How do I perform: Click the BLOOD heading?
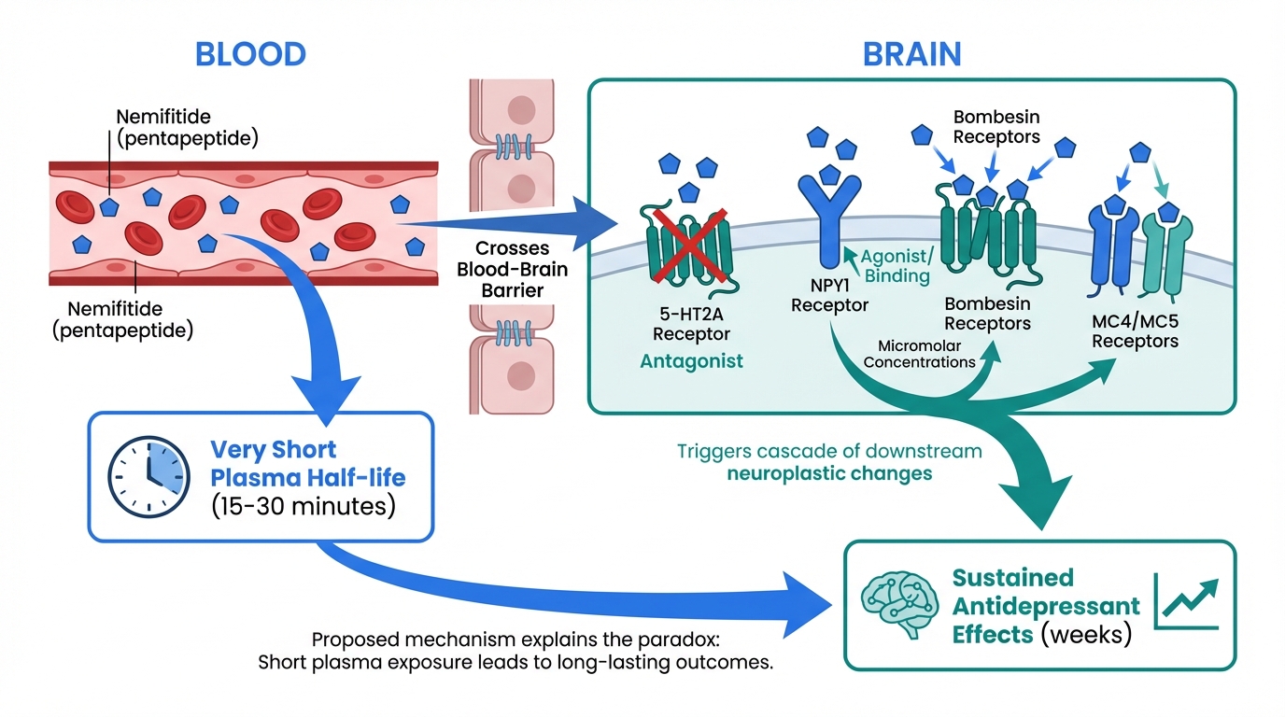249,53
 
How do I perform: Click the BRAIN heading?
911,53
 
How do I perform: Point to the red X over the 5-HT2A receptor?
689,245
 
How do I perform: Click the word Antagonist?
691,360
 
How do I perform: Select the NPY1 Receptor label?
830,295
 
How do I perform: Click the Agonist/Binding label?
895,265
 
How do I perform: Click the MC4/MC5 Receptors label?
1135,331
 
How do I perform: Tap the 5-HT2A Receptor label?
691,324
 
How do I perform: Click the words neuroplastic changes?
829,473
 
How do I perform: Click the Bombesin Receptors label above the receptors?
996,127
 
